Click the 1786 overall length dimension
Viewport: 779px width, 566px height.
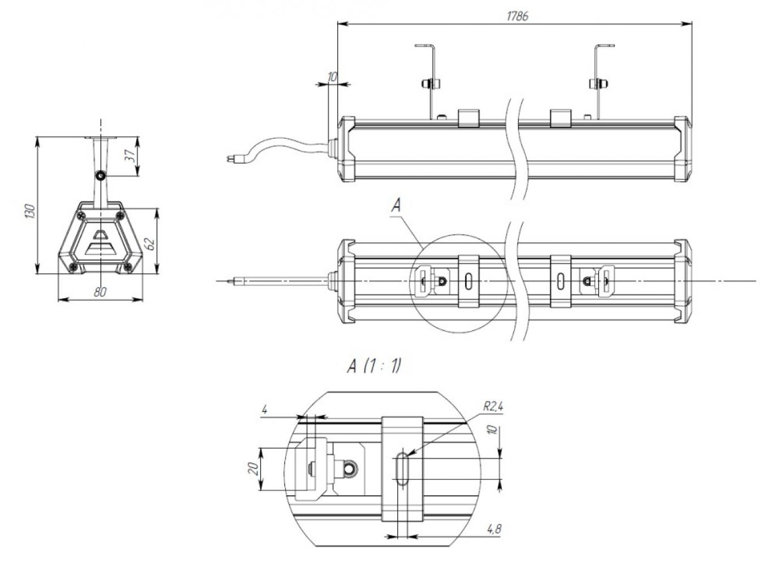pos(517,16)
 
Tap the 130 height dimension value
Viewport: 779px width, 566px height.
pos(31,211)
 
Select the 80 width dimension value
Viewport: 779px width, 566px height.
pos(100,292)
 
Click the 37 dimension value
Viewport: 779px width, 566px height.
pos(130,155)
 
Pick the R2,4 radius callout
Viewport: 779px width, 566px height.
pos(493,406)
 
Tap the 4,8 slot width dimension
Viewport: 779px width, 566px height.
pos(494,529)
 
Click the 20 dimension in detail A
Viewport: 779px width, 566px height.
pos(255,469)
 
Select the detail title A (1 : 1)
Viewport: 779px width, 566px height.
pos(374,366)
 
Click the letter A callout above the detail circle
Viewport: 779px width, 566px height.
pos(396,205)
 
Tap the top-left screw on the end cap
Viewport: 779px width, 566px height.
pos(81,216)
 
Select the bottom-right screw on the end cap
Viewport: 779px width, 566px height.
pos(128,267)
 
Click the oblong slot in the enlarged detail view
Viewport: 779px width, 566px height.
pos(402,469)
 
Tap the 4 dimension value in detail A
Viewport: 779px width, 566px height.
pos(265,410)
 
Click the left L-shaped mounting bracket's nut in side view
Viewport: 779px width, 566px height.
pos(431,84)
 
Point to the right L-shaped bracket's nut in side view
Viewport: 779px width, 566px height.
pos(599,84)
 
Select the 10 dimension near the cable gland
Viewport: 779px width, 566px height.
pos(333,77)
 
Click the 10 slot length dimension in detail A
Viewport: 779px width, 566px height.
pos(492,430)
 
